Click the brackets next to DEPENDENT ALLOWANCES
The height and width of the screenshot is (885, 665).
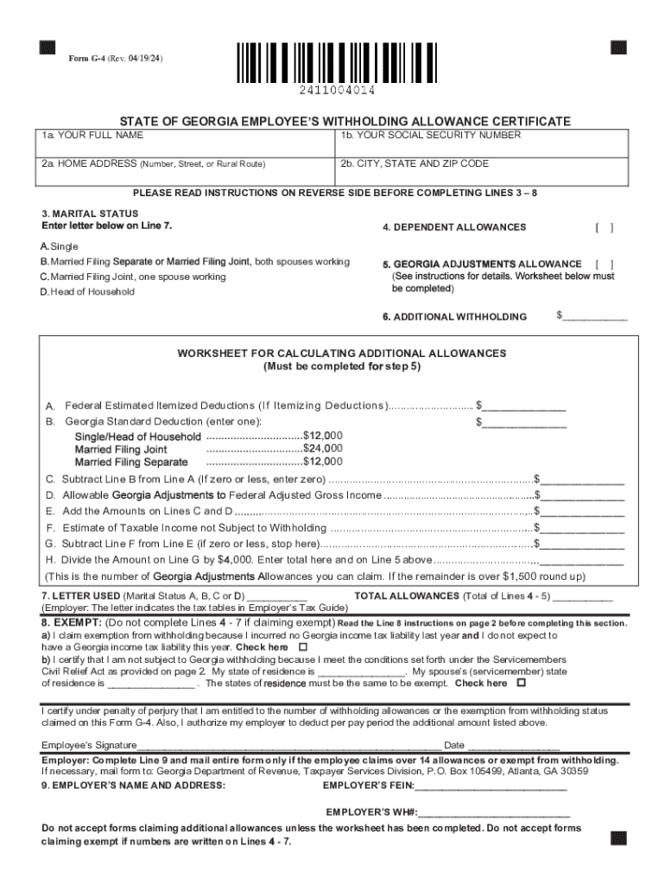pyautogui.click(x=605, y=227)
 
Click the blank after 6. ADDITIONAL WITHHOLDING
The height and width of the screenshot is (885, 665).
pyautogui.click(x=594, y=316)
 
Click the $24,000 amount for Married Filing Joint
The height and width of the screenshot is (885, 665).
pyautogui.click(x=323, y=449)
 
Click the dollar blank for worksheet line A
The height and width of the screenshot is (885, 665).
pyautogui.click(x=525, y=405)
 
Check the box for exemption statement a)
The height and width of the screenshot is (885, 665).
pyautogui.click(x=302, y=647)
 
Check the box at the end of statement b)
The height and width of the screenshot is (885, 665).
pyautogui.click(x=521, y=683)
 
